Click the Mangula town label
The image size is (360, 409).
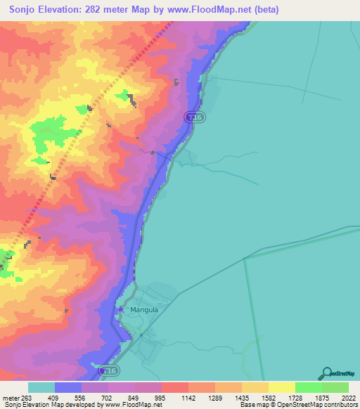pos(144,309)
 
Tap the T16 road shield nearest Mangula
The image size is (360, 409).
pos(108,370)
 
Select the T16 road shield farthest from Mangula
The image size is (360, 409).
pos(196,118)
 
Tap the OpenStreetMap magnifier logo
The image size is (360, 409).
pos(326,373)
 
